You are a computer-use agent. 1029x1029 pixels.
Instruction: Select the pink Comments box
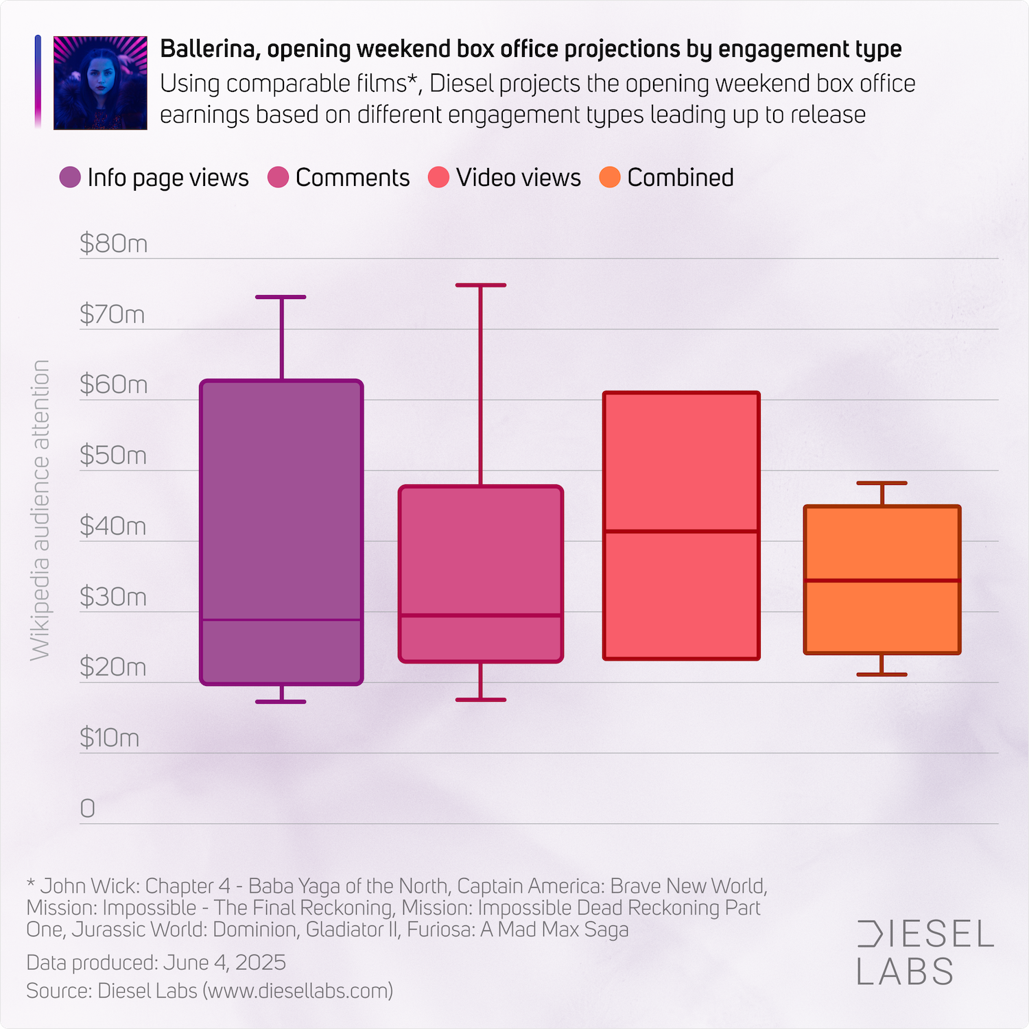click(481, 549)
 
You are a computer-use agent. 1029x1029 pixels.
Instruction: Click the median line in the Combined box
click(882, 580)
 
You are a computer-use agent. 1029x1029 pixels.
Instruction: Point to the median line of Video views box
click(681, 531)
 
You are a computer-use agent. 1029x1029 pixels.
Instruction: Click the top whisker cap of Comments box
click(481, 285)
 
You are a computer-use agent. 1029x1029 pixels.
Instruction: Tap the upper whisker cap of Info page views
click(281, 297)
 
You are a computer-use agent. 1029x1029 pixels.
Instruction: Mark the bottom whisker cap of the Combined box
click(882, 674)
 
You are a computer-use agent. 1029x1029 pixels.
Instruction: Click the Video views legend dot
click(438, 178)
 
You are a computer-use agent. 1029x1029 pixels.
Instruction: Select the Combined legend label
click(680, 178)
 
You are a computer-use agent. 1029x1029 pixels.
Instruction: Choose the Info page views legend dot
click(70, 178)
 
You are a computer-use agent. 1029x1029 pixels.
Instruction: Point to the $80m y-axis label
click(113, 244)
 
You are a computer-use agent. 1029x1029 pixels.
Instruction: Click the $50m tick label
click(113, 456)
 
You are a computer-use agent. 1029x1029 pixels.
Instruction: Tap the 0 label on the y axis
click(88, 809)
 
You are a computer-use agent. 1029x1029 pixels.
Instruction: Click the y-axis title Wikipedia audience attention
click(40, 510)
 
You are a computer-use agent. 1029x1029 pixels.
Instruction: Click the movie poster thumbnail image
click(100, 83)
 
